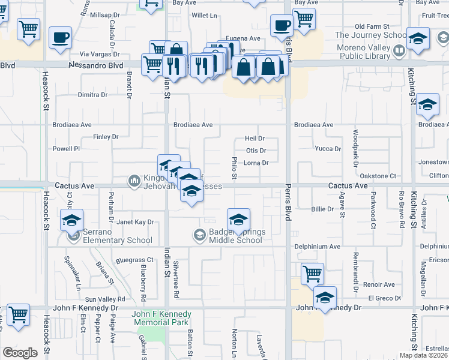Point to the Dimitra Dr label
[92, 95]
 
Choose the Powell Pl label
[66, 149]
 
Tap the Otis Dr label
[256, 151]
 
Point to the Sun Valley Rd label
[105, 299]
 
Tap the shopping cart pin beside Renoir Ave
[312, 273]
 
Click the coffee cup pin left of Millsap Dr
[60, 37]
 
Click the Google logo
[20, 353]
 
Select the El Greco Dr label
[384, 298]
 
